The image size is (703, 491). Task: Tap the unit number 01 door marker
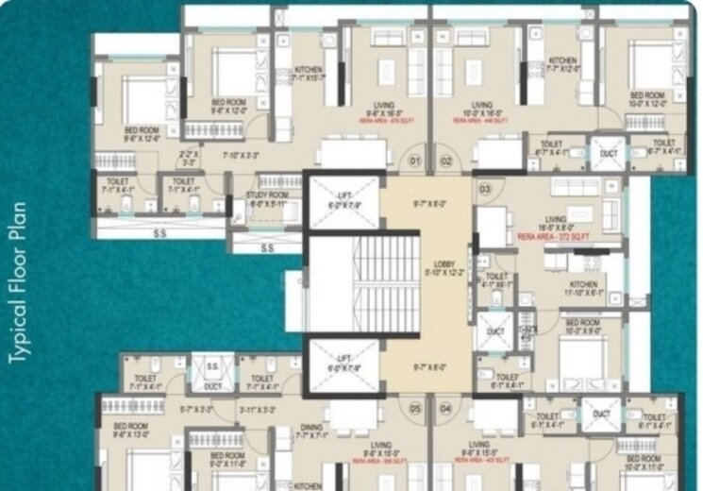click(x=413, y=161)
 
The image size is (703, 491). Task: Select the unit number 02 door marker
click(x=446, y=161)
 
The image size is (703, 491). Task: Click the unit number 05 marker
click(x=414, y=408)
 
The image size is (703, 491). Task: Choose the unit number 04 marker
click(x=445, y=408)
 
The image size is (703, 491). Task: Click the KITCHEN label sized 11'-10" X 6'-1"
click(x=582, y=288)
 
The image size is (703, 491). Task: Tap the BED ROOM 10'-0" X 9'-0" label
click(x=581, y=327)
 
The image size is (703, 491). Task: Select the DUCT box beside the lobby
click(x=495, y=332)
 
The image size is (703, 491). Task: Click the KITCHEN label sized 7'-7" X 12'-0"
click(x=563, y=64)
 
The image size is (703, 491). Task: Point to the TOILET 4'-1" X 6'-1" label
click(x=497, y=279)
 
